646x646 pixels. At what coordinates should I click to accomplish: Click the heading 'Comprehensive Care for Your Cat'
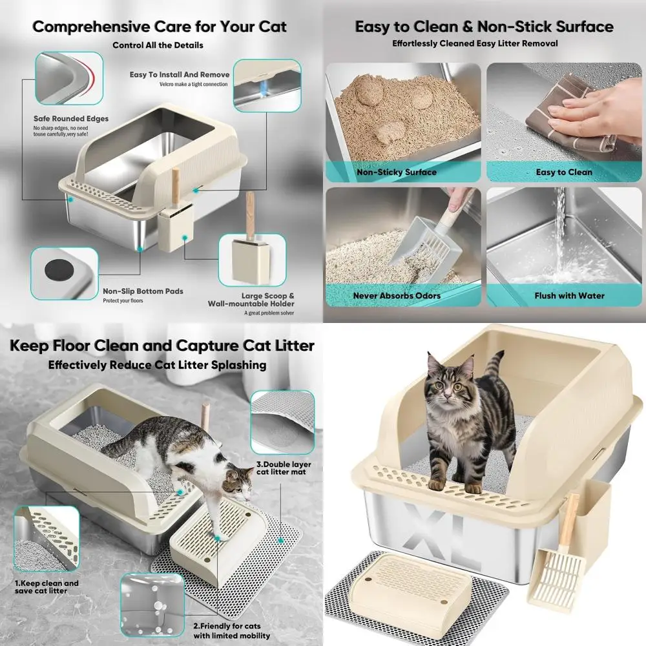click(x=160, y=27)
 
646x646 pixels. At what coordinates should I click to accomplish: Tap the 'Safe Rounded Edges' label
click(x=71, y=119)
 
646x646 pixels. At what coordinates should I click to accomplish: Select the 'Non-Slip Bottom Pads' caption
click(x=143, y=291)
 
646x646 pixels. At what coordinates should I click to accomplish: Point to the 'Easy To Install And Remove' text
click(x=179, y=75)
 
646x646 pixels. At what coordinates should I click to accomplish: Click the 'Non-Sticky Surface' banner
click(x=397, y=172)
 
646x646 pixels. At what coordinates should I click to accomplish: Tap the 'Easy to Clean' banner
click(x=563, y=172)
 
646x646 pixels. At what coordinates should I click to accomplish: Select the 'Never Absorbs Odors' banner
click(x=397, y=296)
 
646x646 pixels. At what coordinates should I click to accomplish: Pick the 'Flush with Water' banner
click(x=569, y=296)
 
